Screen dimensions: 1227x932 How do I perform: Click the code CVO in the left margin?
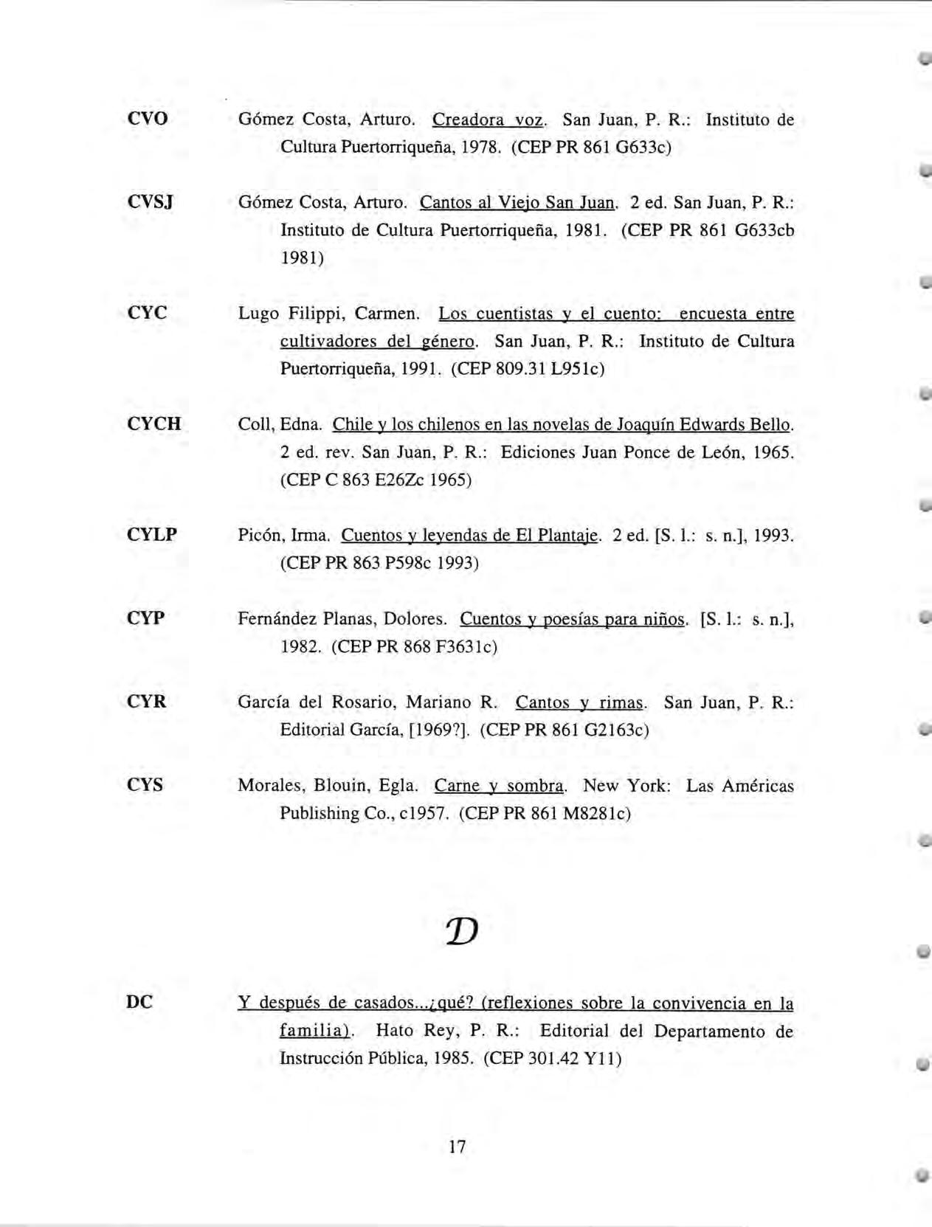point(148,119)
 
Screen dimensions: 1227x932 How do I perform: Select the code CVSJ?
point(150,202)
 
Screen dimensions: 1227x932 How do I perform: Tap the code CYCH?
point(153,424)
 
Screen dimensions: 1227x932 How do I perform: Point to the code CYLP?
point(152,535)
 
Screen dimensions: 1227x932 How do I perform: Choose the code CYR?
point(147,702)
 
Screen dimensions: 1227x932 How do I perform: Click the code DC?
point(139,1003)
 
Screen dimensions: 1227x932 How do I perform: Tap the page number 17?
point(457,1147)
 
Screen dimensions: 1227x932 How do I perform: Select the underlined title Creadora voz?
point(488,120)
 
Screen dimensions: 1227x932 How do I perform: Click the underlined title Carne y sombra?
point(500,786)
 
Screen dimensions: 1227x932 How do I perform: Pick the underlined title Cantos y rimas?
point(579,702)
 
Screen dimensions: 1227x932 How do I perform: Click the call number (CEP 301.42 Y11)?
point(552,1059)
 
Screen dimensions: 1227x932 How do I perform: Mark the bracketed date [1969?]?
point(439,730)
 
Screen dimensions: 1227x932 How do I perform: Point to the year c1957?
point(424,814)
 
